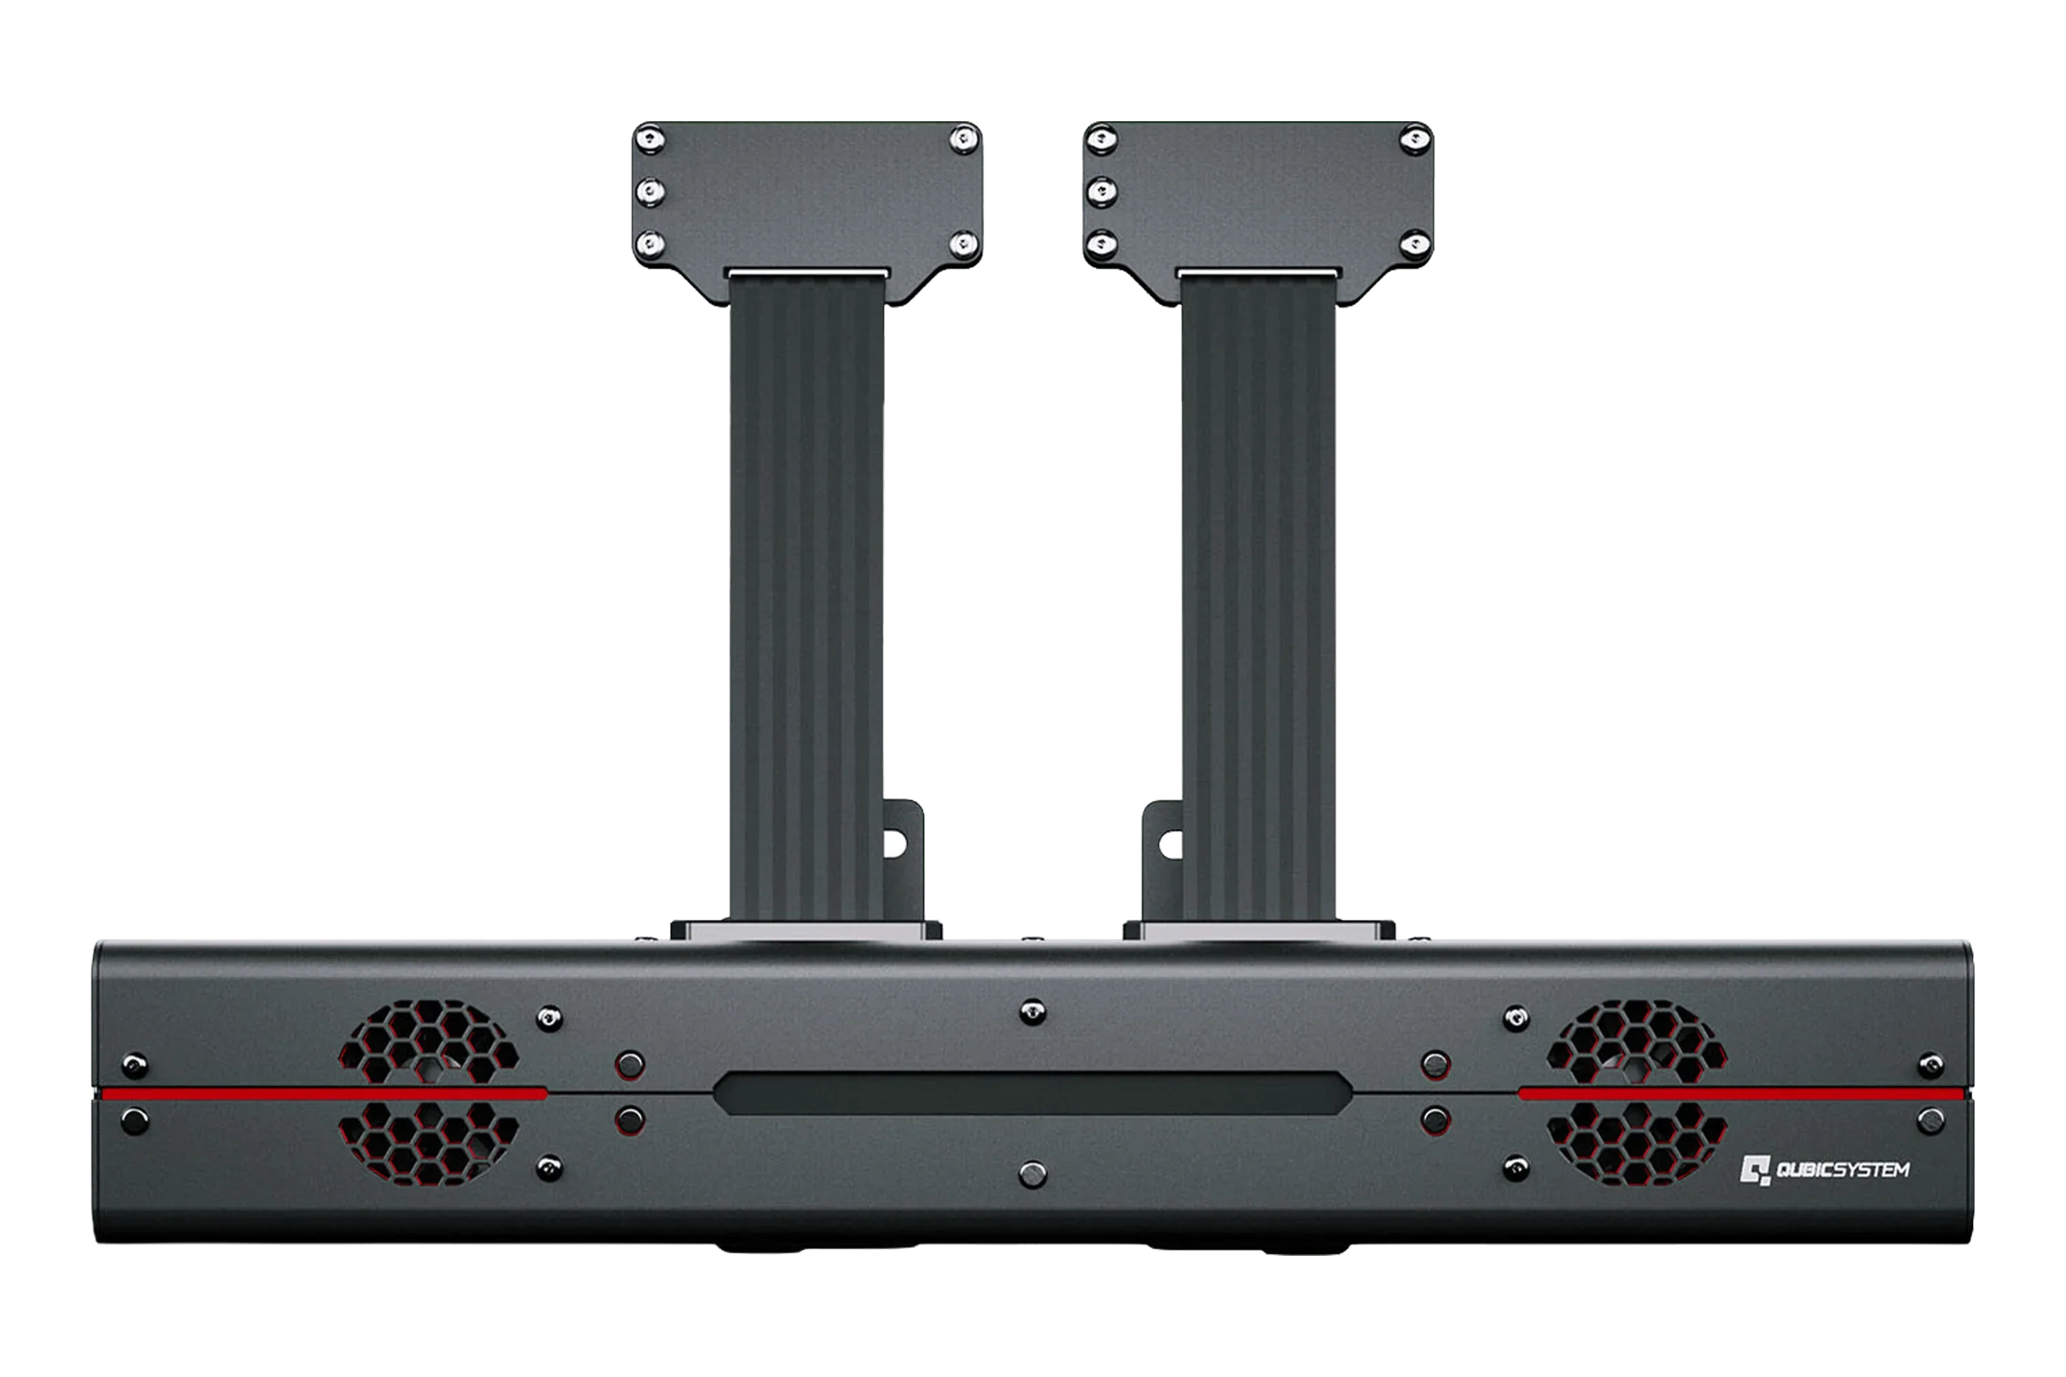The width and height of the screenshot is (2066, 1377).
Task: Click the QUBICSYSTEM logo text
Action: pos(1843,1170)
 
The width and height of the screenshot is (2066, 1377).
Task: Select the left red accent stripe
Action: pos(324,1093)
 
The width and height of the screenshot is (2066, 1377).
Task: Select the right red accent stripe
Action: pos(1742,1093)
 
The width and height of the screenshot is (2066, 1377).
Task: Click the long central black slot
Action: pos(1033,1093)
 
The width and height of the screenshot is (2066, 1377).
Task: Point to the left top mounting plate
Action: pos(807,211)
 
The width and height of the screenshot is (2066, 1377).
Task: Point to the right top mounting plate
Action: pos(1258,211)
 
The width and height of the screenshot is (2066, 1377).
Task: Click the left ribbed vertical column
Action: pos(807,597)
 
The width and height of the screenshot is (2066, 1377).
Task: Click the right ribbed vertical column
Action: pos(1258,597)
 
